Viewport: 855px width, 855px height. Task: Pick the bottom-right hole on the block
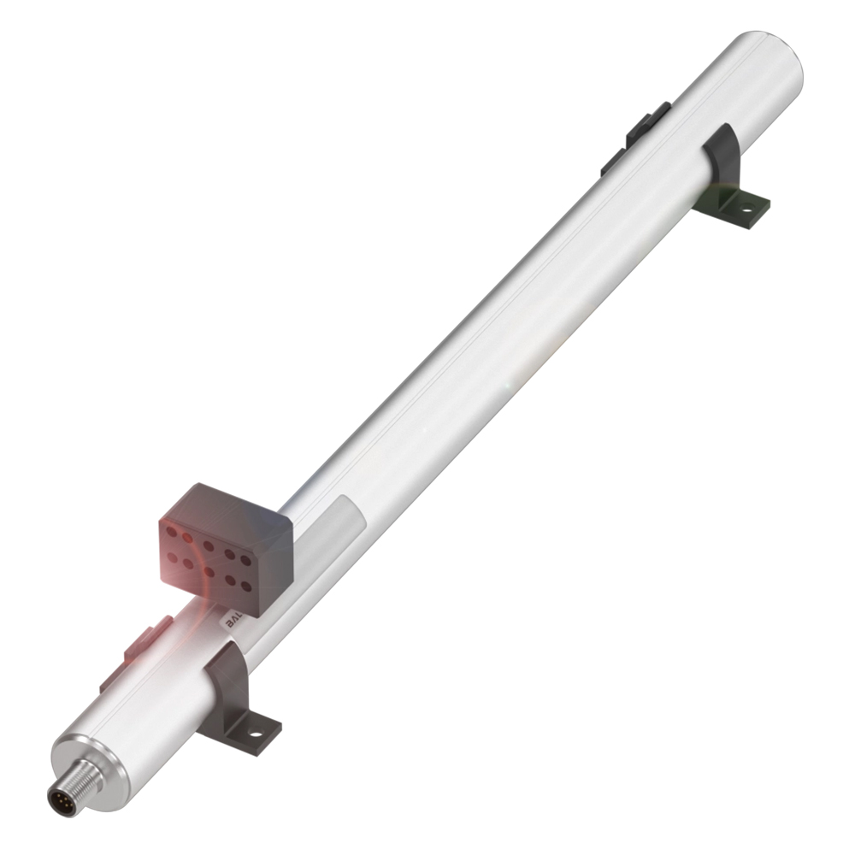pos(246,587)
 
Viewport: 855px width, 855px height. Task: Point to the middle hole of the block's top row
pos(208,544)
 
